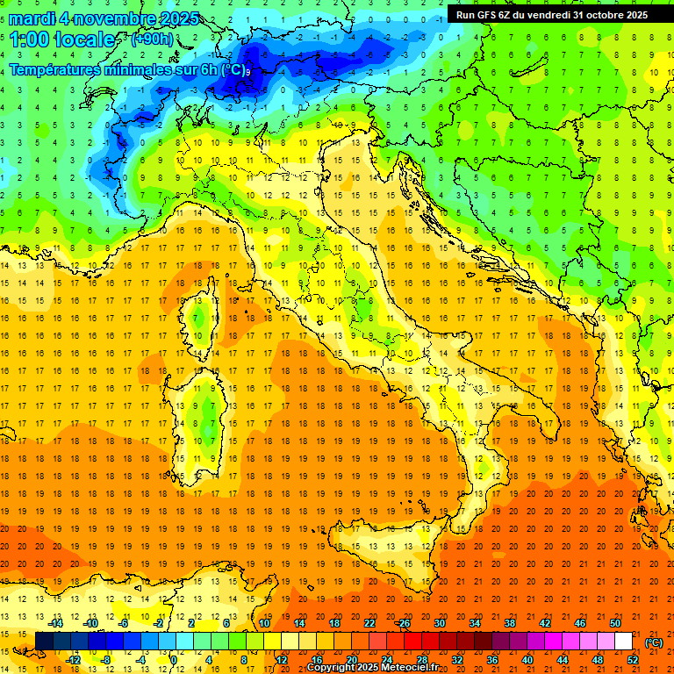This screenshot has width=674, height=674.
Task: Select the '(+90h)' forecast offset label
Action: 151,39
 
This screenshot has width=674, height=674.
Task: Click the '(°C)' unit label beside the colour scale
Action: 654,642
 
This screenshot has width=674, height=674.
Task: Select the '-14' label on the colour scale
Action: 57,622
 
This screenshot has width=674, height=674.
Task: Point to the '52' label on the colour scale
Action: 632,660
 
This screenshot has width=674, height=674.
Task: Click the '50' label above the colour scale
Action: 614,622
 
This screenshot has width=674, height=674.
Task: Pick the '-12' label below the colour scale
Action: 75,660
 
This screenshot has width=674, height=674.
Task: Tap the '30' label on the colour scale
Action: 439,622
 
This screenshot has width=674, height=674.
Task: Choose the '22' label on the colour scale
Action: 369,622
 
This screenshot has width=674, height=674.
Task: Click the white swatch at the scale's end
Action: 623,642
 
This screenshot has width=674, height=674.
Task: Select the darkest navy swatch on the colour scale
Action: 44,642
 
